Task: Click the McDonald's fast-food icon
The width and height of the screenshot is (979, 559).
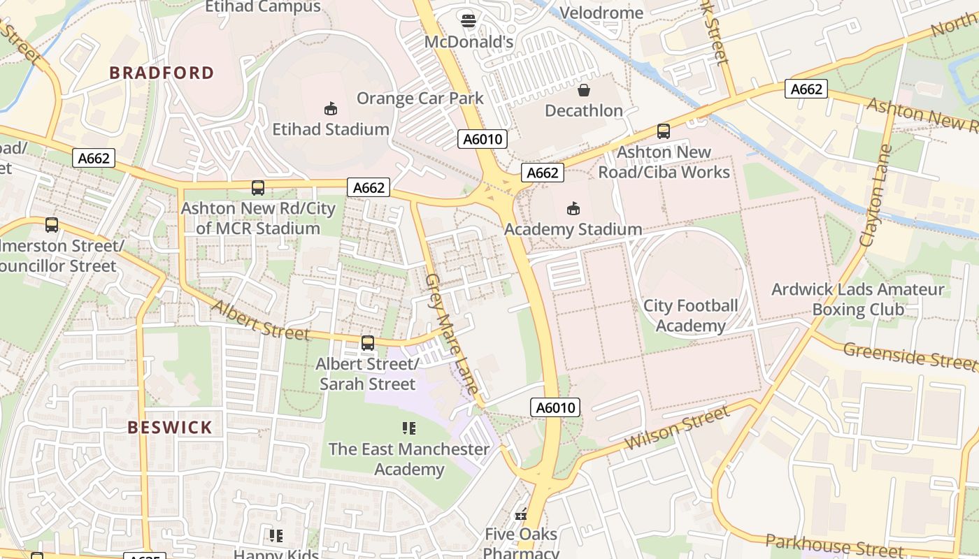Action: coord(469,21)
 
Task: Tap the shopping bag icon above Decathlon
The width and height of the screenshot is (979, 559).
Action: coord(583,89)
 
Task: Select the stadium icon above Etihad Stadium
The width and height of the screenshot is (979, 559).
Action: coord(330,108)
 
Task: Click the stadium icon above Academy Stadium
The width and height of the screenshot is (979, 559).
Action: coord(573,208)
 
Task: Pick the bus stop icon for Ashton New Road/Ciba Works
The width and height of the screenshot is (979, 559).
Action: coord(663,131)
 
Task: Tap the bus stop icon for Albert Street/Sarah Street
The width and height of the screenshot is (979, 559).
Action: coord(367,343)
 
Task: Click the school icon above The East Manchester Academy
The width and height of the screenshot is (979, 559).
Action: coord(409,428)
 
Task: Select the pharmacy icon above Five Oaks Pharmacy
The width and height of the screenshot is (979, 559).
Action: coord(520,514)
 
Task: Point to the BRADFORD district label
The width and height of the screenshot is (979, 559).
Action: coord(162,73)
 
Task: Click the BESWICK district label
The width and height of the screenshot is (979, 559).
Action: coord(170,428)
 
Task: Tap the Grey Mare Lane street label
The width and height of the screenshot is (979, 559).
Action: coord(452,333)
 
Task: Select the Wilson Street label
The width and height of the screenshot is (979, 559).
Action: coord(676,428)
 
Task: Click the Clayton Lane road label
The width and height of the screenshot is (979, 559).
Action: coord(876,195)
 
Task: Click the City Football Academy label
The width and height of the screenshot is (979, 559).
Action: coord(690,316)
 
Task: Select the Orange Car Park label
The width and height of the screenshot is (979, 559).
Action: coord(420,98)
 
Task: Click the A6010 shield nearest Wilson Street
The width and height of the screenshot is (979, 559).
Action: coord(555,407)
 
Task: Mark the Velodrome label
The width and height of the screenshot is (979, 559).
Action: coord(601,13)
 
